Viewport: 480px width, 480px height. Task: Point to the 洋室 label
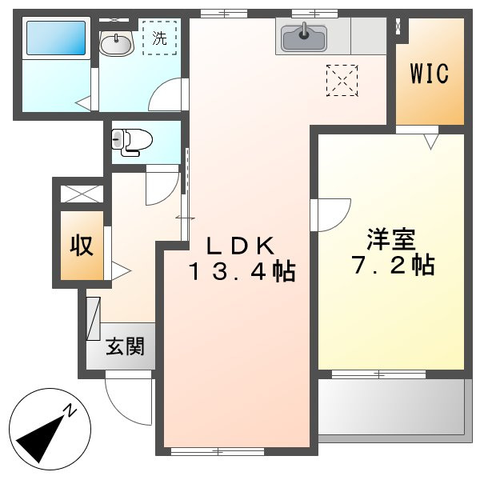(391, 239)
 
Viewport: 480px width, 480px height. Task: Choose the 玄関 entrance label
(126, 347)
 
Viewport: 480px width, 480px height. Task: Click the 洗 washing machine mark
(159, 37)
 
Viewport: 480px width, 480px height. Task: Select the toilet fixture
(132, 141)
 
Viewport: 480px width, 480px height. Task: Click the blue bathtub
(55, 38)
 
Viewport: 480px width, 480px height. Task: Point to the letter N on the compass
(70, 411)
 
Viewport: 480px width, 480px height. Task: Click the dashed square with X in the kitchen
(342, 79)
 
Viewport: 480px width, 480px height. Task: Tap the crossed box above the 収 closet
(82, 193)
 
